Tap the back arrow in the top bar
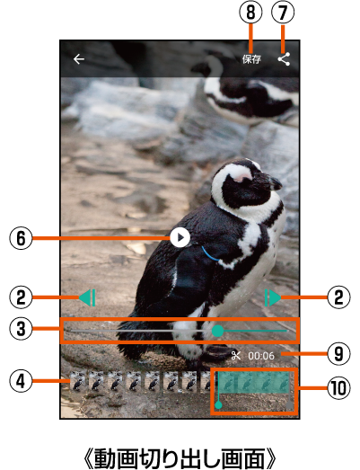pyautogui.click(x=79, y=59)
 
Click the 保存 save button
pyautogui.click(x=251, y=59)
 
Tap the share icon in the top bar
pyautogui.click(x=284, y=59)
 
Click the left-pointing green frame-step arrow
pyautogui.click(x=87, y=297)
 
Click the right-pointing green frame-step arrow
pyautogui.click(x=273, y=297)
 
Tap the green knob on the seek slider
pyautogui.click(x=218, y=331)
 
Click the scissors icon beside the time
pyautogui.click(x=236, y=356)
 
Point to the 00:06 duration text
pyautogui.click(x=261, y=356)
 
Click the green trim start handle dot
pyautogui.click(x=219, y=405)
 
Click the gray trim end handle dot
pyautogui.click(x=290, y=405)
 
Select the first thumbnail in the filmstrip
pyautogui.click(x=77, y=381)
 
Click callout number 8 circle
pyautogui.click(x=251, y=13)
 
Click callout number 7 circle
pyautogui.click(x=283, y=13)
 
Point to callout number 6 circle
pyautogui.click(x=21, y=238)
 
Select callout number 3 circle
pyautogui.click(x=21, y=329)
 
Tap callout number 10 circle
pyautogui.click(x=338, y=388)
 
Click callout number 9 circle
pyautogui.click(x=338, y=354)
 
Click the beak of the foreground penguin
pyautogui.click(x=273, y=182)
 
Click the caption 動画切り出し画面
pyautogui.click(x=180, y=457)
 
